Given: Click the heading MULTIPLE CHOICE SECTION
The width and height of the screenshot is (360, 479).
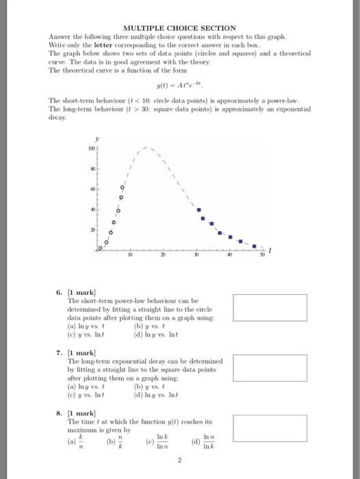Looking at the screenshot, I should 179,27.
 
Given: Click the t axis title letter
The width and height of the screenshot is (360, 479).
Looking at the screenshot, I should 270,251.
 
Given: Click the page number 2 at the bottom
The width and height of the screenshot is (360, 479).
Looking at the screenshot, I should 179,462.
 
